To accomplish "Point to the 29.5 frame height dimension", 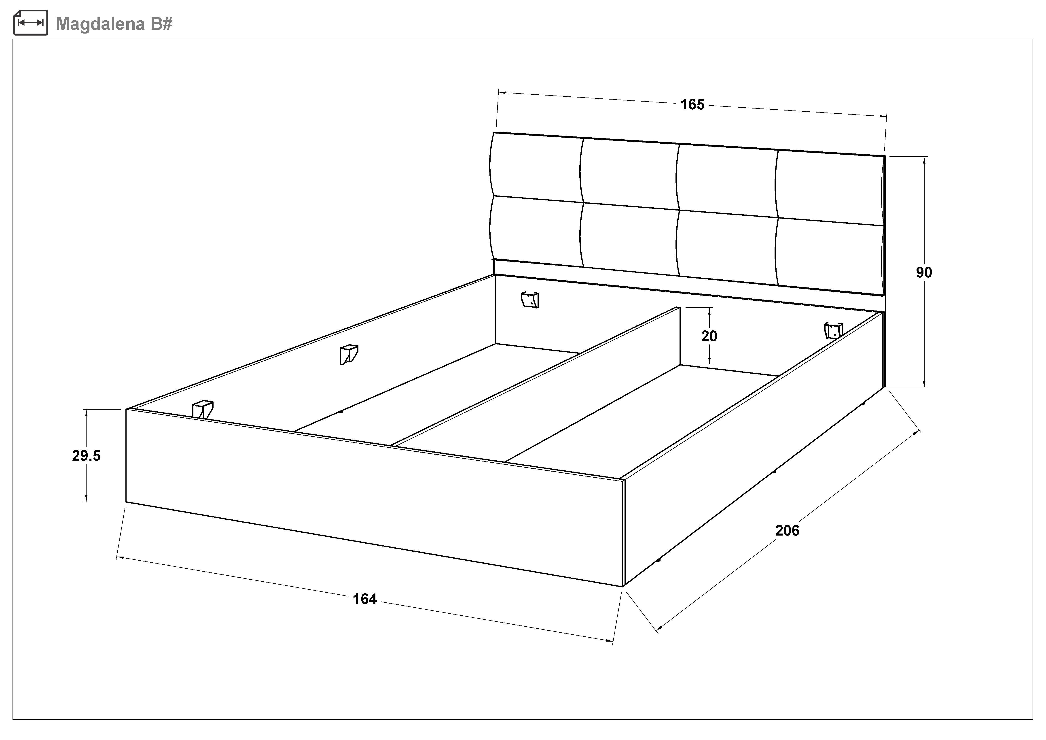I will click(x=86, y=455).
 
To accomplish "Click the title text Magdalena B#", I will click(x=114, y=24).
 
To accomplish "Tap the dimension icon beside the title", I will click(x=31, y=23).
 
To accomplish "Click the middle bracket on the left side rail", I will click(x=349, y=354).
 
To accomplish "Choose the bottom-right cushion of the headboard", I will click(x=829, y=255).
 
